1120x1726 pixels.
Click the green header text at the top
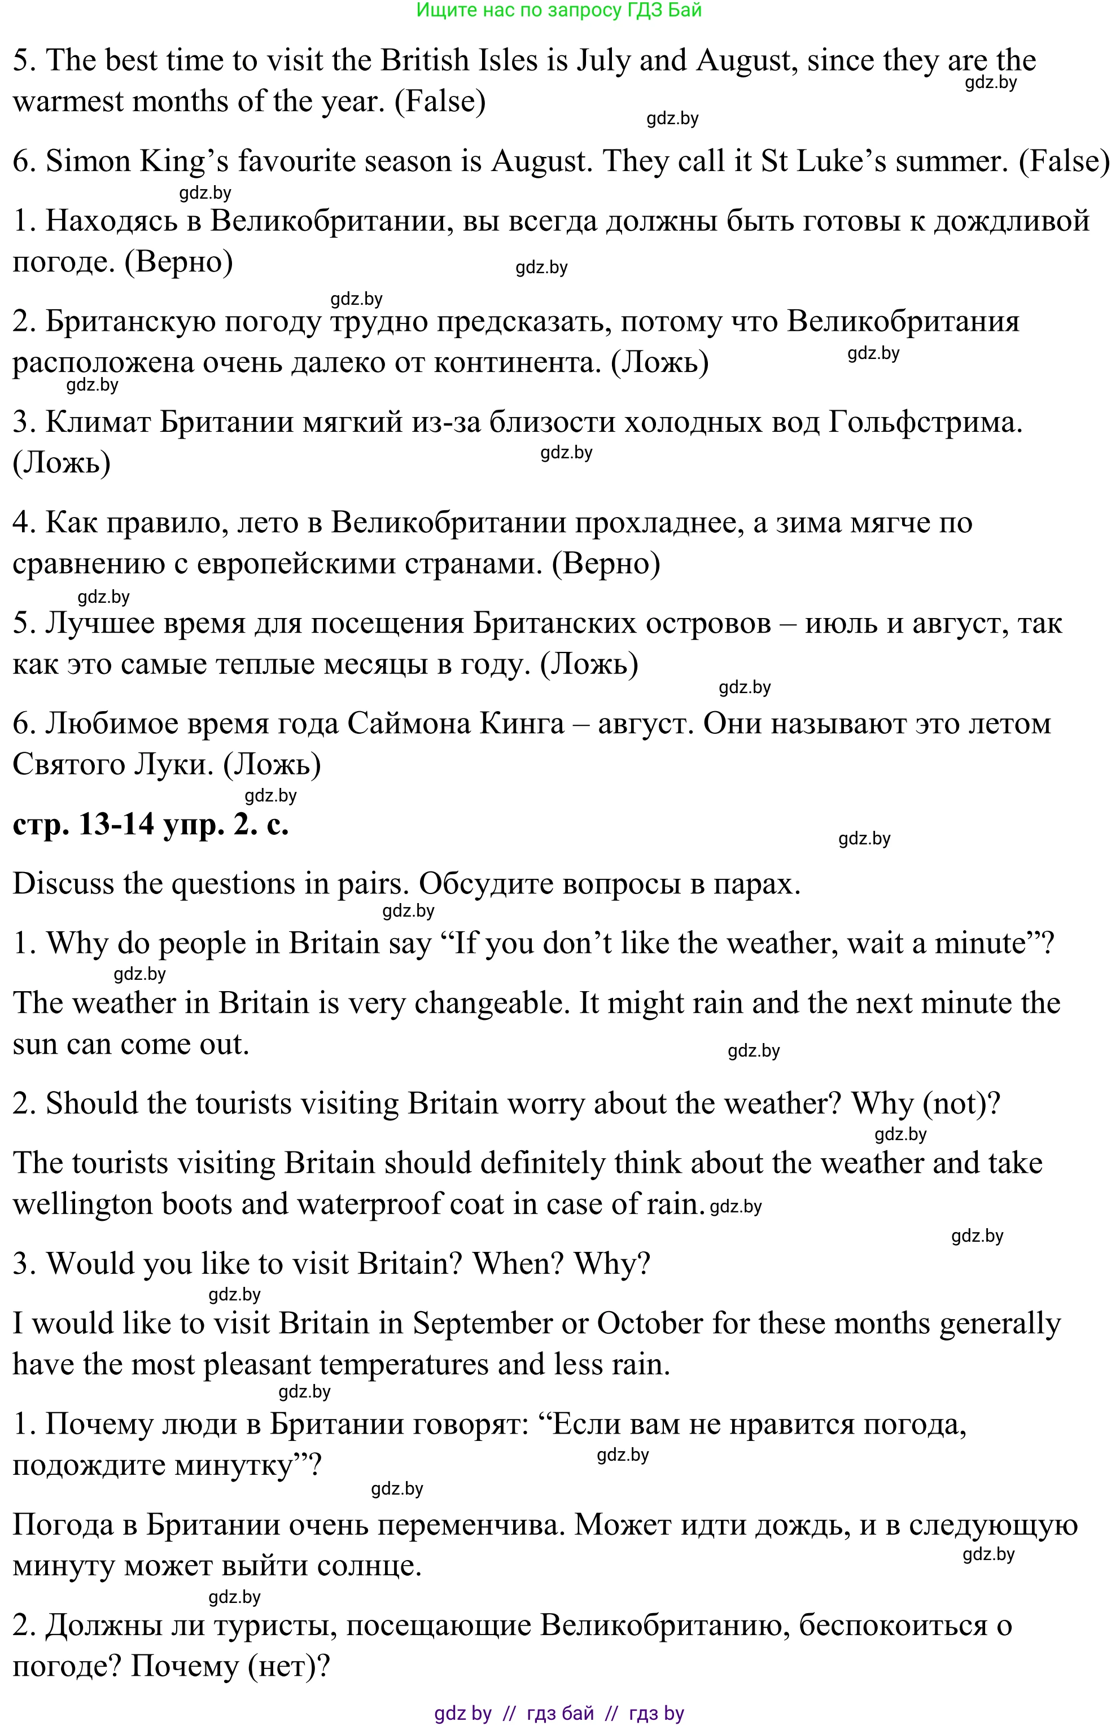pos(558,10)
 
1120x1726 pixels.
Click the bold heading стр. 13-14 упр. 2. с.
pos(150,825)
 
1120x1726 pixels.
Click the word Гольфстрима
pos(925,422)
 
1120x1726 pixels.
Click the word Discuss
pos(63,884)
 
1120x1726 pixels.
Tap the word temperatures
pos(403,1364)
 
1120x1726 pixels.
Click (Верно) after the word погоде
pos(178,262)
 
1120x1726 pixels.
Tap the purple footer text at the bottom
pos(558,1713)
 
